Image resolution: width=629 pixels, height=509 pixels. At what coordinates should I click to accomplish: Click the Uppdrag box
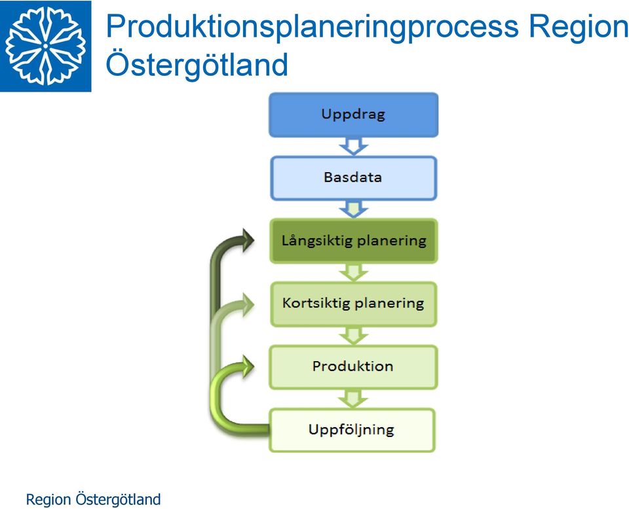[x=353, y=115]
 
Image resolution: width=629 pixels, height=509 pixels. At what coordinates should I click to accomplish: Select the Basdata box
[x=353, y=178]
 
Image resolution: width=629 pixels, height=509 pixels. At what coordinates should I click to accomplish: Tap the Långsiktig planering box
[x=353, y=241]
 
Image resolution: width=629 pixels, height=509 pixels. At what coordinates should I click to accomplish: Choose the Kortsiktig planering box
[x=353, y=304]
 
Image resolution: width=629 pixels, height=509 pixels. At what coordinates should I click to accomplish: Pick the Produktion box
[x=353, y=367]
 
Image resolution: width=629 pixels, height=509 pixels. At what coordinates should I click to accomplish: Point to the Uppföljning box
[x=352, y=430]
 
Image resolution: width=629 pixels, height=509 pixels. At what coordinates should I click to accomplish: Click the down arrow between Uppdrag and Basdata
[x=353, y=146]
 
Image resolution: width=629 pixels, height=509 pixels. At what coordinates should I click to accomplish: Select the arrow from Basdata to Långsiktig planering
[x=353, y=209]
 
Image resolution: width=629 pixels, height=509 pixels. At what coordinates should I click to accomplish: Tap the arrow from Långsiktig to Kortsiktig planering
[x=353, y=273]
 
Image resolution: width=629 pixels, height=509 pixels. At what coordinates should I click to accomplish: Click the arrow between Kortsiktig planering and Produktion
[x=353, y=336]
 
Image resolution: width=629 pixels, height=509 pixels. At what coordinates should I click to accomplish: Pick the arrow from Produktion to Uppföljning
[x=353, y=399]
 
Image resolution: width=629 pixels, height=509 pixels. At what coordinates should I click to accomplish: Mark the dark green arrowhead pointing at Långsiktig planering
[x=247, y=240]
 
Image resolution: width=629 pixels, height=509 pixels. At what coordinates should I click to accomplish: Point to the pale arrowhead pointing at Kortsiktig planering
[x=247, y=304]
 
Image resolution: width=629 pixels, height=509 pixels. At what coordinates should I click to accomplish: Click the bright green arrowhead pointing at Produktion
[x=247, y=366]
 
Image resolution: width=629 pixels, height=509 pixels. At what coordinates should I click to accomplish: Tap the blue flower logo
[x=46, y=46]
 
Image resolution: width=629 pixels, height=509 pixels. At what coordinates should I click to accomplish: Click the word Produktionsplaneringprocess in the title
[x=312, y=26]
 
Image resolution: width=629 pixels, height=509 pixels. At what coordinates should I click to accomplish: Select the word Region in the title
[x=579, y=26]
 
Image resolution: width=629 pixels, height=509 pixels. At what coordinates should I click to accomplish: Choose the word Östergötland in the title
[x=197, y=64]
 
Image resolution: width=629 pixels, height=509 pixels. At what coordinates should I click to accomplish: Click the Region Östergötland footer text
[x=93, y=499]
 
